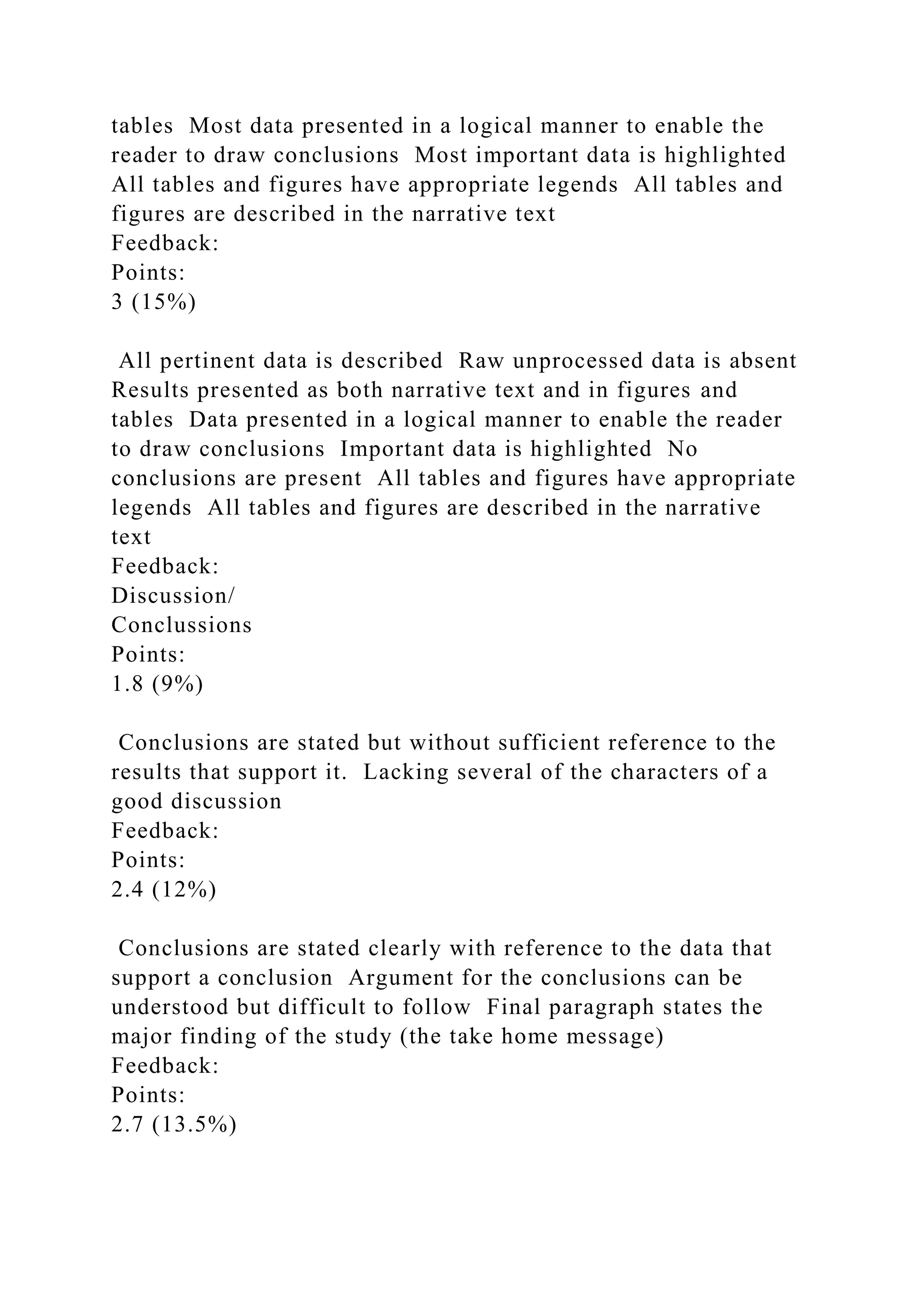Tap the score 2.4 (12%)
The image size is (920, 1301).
[x=164, y=889]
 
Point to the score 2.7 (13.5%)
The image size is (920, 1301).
[x=173, y=1124]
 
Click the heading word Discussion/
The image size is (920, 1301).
[x=173, y=596]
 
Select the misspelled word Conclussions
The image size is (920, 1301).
[x=181, y=625]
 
